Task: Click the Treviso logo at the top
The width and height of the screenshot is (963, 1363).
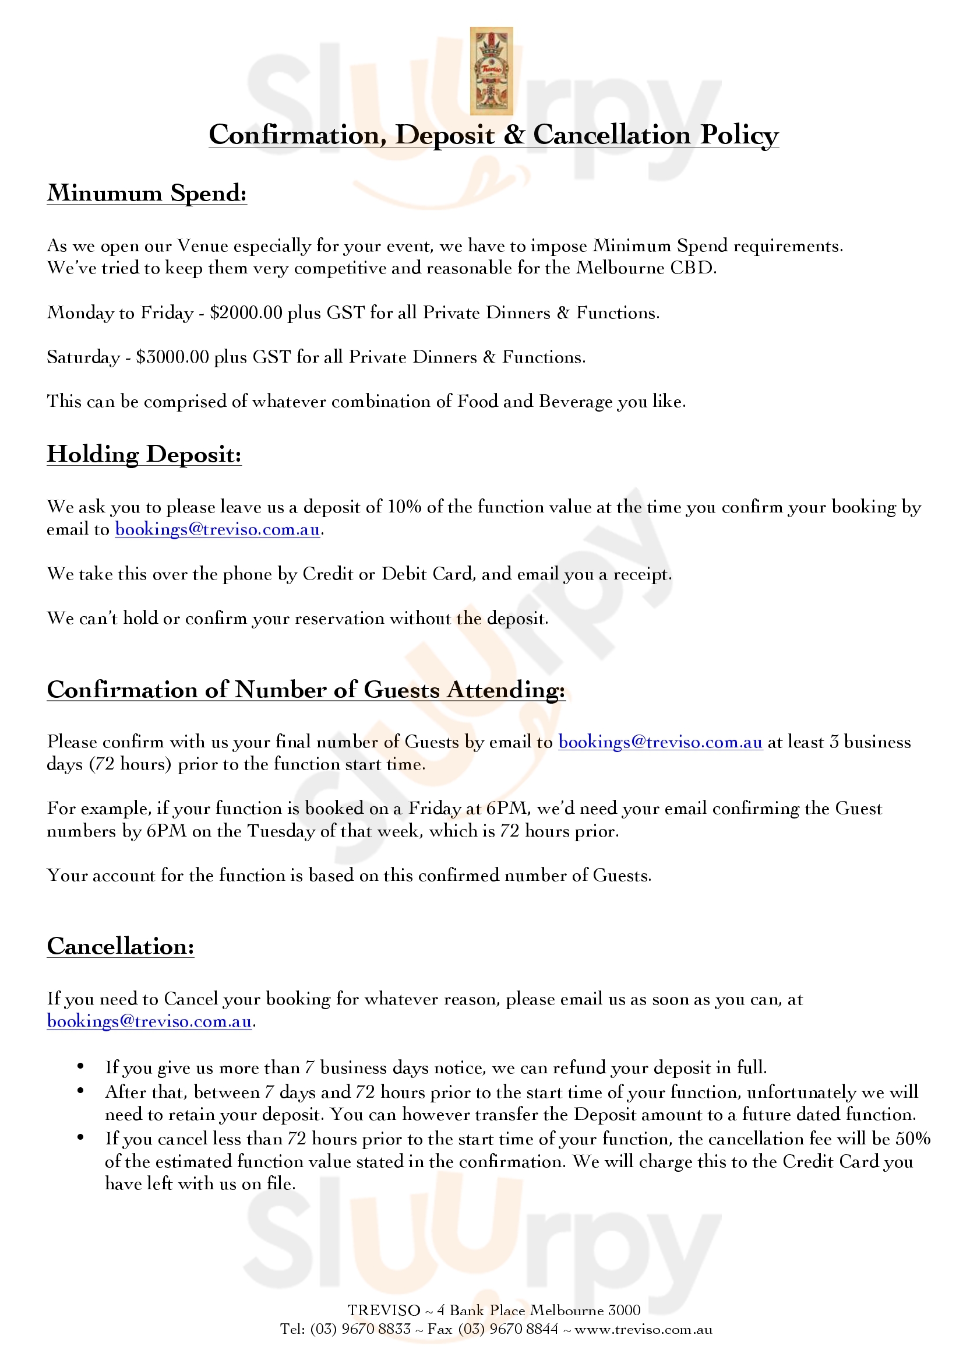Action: (491, 71)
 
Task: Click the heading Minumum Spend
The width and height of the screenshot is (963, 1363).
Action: (147, 193)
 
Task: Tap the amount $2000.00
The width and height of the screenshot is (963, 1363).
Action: (246, 313)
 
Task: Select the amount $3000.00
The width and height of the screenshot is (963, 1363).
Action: (172, 357)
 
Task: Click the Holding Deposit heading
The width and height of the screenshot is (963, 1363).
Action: (144, 454)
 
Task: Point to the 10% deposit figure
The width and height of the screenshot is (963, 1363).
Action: (404, 507)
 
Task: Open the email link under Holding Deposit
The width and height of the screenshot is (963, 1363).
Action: (217, 529)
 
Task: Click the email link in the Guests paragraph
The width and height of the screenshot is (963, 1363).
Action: (660, 742)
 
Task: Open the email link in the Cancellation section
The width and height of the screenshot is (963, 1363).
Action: (149, 1021)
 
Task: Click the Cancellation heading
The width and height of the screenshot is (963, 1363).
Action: (121, 946)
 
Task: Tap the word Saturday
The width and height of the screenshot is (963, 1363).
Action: (83, 357)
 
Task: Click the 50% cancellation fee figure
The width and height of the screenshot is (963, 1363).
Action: (912, 1139)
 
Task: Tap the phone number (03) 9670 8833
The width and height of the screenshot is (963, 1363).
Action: (360, 1329)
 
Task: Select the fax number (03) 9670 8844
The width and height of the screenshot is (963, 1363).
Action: (509, 1329)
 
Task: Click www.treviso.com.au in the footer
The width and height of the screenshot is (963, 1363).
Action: (643, 1329)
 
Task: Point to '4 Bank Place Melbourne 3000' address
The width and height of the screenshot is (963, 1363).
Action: (538, 1310)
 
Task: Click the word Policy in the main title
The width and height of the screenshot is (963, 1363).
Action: (739, 135)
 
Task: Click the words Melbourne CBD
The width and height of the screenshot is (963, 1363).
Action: (646, 268)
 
